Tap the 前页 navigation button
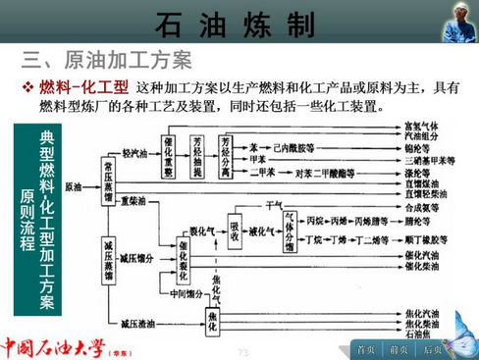click(399, 347)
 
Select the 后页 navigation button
click(432, 347)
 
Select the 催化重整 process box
click(170, 155)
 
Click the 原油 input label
click(73, 184)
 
